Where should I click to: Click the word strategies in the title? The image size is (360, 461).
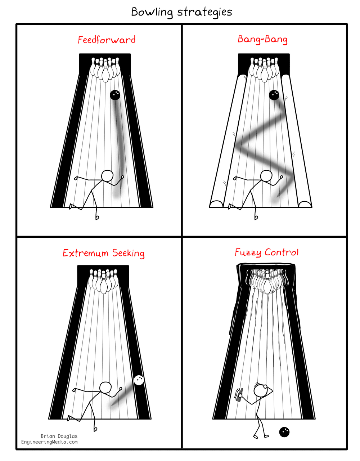click(204, 12)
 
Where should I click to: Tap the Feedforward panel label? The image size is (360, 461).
click(107, 40)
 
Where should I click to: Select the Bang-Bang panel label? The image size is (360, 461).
click(262, 39)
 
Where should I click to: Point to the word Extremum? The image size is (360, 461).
click(85, 253)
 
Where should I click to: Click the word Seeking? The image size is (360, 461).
click(128, 253)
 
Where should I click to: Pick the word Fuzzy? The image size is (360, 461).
click(248, 252)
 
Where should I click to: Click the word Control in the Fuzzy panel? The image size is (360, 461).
click(282, 252)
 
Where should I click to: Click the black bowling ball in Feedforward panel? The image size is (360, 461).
click(115, 95)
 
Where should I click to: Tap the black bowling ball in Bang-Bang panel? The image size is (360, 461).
click(274, 95)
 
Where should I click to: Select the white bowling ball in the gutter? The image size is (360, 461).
click(139, 380)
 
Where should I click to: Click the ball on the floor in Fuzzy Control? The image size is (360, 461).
click(284, 432)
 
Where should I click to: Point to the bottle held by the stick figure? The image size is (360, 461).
click(240, 394)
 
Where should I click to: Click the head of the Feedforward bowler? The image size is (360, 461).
click(107, 176)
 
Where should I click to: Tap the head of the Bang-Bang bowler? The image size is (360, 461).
click(266, 176)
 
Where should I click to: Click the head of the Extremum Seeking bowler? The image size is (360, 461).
click(105, 388)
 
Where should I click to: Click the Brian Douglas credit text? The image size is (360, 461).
click(59, 436)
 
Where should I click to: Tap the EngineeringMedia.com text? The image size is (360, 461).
click(49, 442)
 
